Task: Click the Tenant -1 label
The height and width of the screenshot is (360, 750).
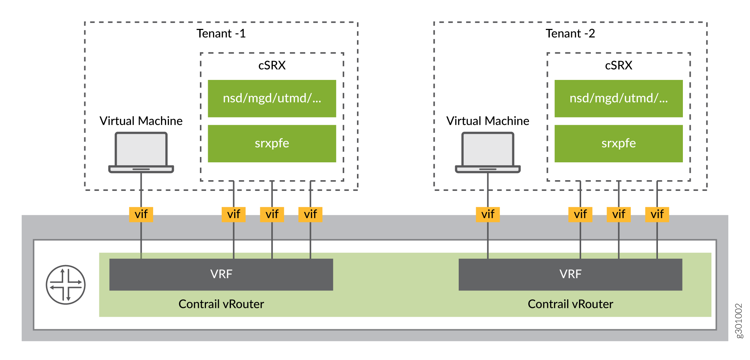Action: [221, 34]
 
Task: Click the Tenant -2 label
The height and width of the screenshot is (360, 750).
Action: [570, 34]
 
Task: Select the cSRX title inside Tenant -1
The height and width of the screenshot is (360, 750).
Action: [272, 65]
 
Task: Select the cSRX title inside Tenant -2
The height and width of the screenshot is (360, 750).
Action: [618, 65]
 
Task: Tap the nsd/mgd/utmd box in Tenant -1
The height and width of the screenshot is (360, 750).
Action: [272, 98]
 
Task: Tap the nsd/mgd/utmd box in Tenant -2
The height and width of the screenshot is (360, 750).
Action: [618, 98]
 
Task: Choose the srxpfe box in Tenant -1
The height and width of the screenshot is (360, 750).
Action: [272, 143]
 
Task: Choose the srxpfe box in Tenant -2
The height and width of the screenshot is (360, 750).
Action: [618, 143]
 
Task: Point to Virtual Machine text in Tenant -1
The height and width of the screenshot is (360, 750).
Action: [141, 121]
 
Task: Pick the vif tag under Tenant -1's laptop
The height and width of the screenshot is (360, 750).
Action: [141, 214]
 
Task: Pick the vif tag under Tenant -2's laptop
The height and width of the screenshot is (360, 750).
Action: [488, 214]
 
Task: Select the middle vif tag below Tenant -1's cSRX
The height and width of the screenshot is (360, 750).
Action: [272, 214]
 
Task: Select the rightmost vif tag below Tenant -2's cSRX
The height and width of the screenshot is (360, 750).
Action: [657, 214]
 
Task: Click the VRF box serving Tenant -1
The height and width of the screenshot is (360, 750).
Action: [221, 274]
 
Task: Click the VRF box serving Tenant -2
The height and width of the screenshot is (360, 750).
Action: [570, 274]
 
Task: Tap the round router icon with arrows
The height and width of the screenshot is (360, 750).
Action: [66, 285]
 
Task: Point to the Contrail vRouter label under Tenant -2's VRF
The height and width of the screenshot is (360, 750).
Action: [570, 304]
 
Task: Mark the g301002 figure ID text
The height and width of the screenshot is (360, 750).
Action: [739, 320]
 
